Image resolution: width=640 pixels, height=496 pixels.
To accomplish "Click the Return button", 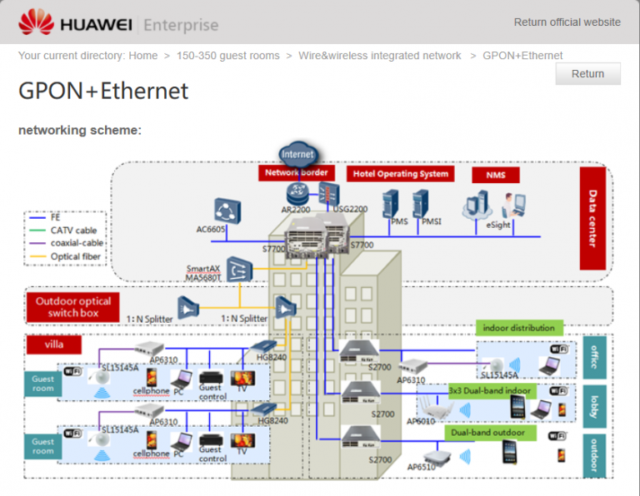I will pyautogui.click(x=587, y=73).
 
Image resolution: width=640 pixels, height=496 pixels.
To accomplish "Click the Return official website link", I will pyautogui.click(x=567, y=22).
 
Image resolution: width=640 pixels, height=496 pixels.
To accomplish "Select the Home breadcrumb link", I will pyautogui.click(x=142, y=56).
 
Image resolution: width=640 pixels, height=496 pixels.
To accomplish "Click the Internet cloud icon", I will pyautogui.click(x=297, y=154).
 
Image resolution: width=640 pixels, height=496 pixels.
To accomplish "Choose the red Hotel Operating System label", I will pyautogui.click(x=400, y=174).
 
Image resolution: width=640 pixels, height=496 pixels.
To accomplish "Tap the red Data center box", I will pyautogui.click(x=592, y=218).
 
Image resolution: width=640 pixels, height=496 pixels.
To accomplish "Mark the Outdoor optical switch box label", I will pyautogui.click(x=72, y=307).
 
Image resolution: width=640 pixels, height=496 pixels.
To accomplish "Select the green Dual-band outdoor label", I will pyautogui.click(x=487, y=433).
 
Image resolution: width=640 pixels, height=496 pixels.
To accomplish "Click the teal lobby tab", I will pyautogui.click(x=594, y=404).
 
